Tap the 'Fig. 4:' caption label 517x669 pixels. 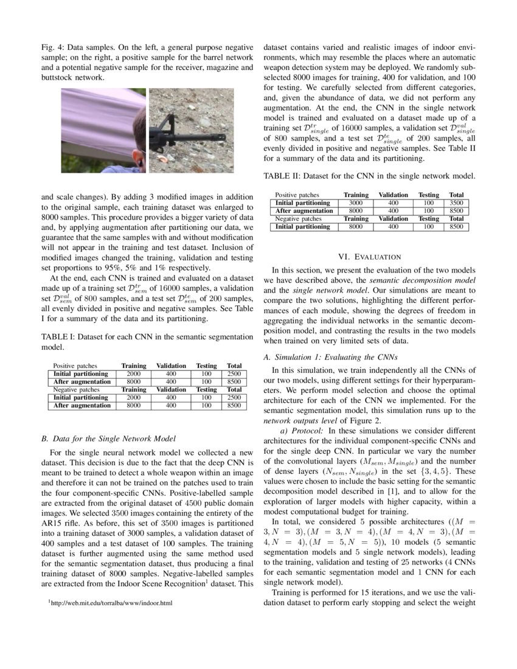tap(52, 47)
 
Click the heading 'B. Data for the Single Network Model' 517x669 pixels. tap(108, 438)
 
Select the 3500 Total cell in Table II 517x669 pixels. tap(456, 203)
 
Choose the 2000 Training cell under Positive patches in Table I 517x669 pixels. tap(133, 373)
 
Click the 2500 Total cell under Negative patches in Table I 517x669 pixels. tap(234, 397)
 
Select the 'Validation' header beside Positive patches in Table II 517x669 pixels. tap(393, 195)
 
